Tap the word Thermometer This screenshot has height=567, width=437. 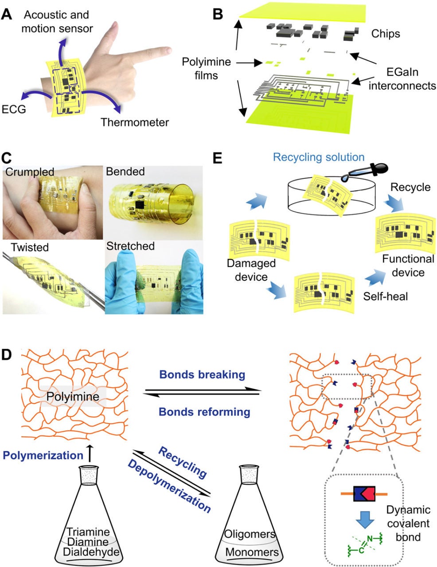point(134,122)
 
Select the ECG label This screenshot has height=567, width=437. point(13,108)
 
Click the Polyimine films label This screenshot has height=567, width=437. point(207,68)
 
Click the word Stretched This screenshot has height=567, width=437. point(130,246)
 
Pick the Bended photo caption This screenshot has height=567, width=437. point(125,172)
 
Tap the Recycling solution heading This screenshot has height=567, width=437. point(319,157)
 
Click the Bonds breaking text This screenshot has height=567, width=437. point(202,375)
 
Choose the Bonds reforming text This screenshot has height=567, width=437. point(204,412)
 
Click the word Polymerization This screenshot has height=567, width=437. point(43,455)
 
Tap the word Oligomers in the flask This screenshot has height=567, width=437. point(250,534)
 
